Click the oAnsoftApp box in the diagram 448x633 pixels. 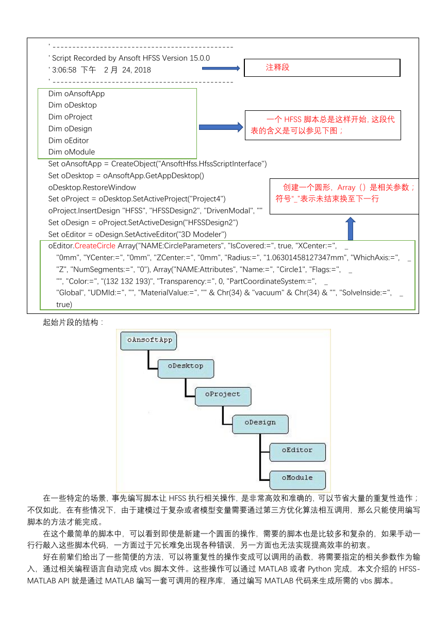click(148, 341)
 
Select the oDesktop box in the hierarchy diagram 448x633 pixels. click(186, 369)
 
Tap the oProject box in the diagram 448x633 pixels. click(223, 396)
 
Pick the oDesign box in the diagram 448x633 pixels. click(260, 424)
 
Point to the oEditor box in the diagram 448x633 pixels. click(297, 452)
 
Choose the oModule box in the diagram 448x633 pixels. click(297, 480)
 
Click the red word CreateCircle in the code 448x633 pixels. click(95, 246)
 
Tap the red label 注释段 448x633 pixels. click(277, 67)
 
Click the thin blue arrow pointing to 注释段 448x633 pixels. click(221, 69)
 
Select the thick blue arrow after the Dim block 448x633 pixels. click(221, 127)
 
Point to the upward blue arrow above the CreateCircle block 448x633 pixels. click(351, 229)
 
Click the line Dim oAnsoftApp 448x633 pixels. click(76, 93)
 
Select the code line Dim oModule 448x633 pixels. click(72, 152)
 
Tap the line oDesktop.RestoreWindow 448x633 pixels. click(92, 187)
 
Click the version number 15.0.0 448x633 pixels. click(200, 58)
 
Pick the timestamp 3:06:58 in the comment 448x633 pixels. click(64, 70)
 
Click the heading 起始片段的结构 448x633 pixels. click(71, 322)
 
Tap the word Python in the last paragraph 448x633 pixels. click(320, 569)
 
